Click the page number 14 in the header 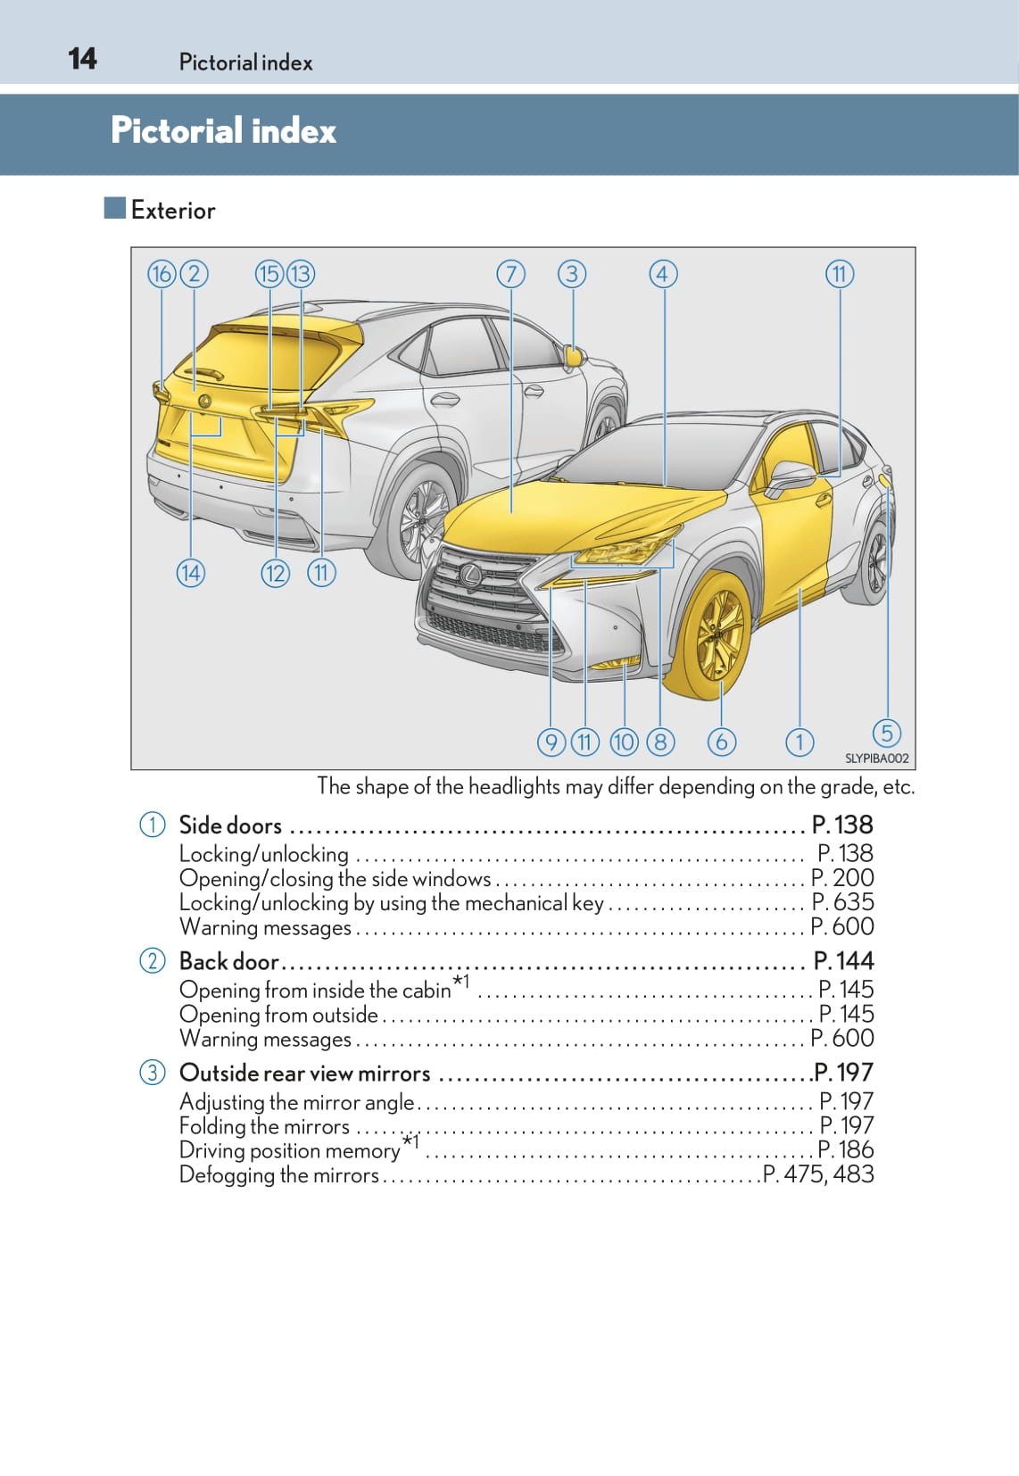coord(82,59)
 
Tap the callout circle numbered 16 coord(162,274)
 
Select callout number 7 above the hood coord(511,274)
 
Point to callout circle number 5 coord(887,733)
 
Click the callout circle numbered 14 coord(191,573)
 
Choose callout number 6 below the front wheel coord(721,742)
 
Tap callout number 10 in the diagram coord(624,742)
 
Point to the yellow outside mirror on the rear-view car coord(575,356)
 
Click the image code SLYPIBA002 coord(877,759)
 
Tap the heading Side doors coord(230,825)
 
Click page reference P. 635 coord(842,901)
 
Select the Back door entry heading coord(229,961)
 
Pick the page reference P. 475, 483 coord(819,1174)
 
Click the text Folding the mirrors coord(264,1126)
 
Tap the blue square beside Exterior coord(114,208)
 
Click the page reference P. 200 coord(842,878)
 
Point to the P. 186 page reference coord(846,1149)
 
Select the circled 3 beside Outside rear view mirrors coord(153,1073)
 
